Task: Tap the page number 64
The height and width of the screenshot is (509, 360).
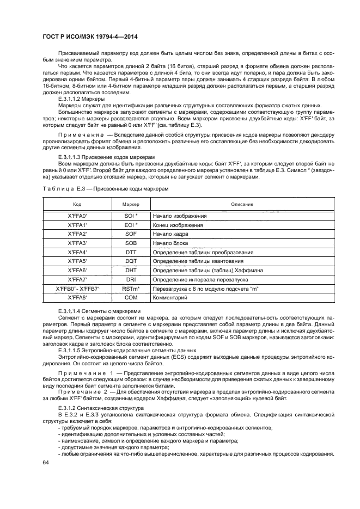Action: pyautogui.click(x=46, y=462)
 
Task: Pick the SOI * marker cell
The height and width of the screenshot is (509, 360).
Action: pyautogui.click(x=131, y=216)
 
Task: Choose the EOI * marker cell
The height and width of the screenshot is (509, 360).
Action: pyautogui.click(x=131, y=225)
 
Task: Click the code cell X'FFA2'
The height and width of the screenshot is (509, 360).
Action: pyautogui.click(x=77, y=234)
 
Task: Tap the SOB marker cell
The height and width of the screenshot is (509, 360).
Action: pyautogui.click(x=131, y=243)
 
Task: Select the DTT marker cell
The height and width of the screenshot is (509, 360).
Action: pyautogui.click(x=131, y=253)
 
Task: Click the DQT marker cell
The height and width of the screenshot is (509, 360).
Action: pyautogui.click(x=131, y=262)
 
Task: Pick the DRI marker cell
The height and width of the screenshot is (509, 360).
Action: pyautogui.click(x=131, y=280)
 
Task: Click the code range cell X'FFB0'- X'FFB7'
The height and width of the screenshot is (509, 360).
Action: pyautogui.click(x=77, y=289)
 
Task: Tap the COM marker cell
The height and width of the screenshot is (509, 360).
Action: pyautogui.click(x=131, y=298)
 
